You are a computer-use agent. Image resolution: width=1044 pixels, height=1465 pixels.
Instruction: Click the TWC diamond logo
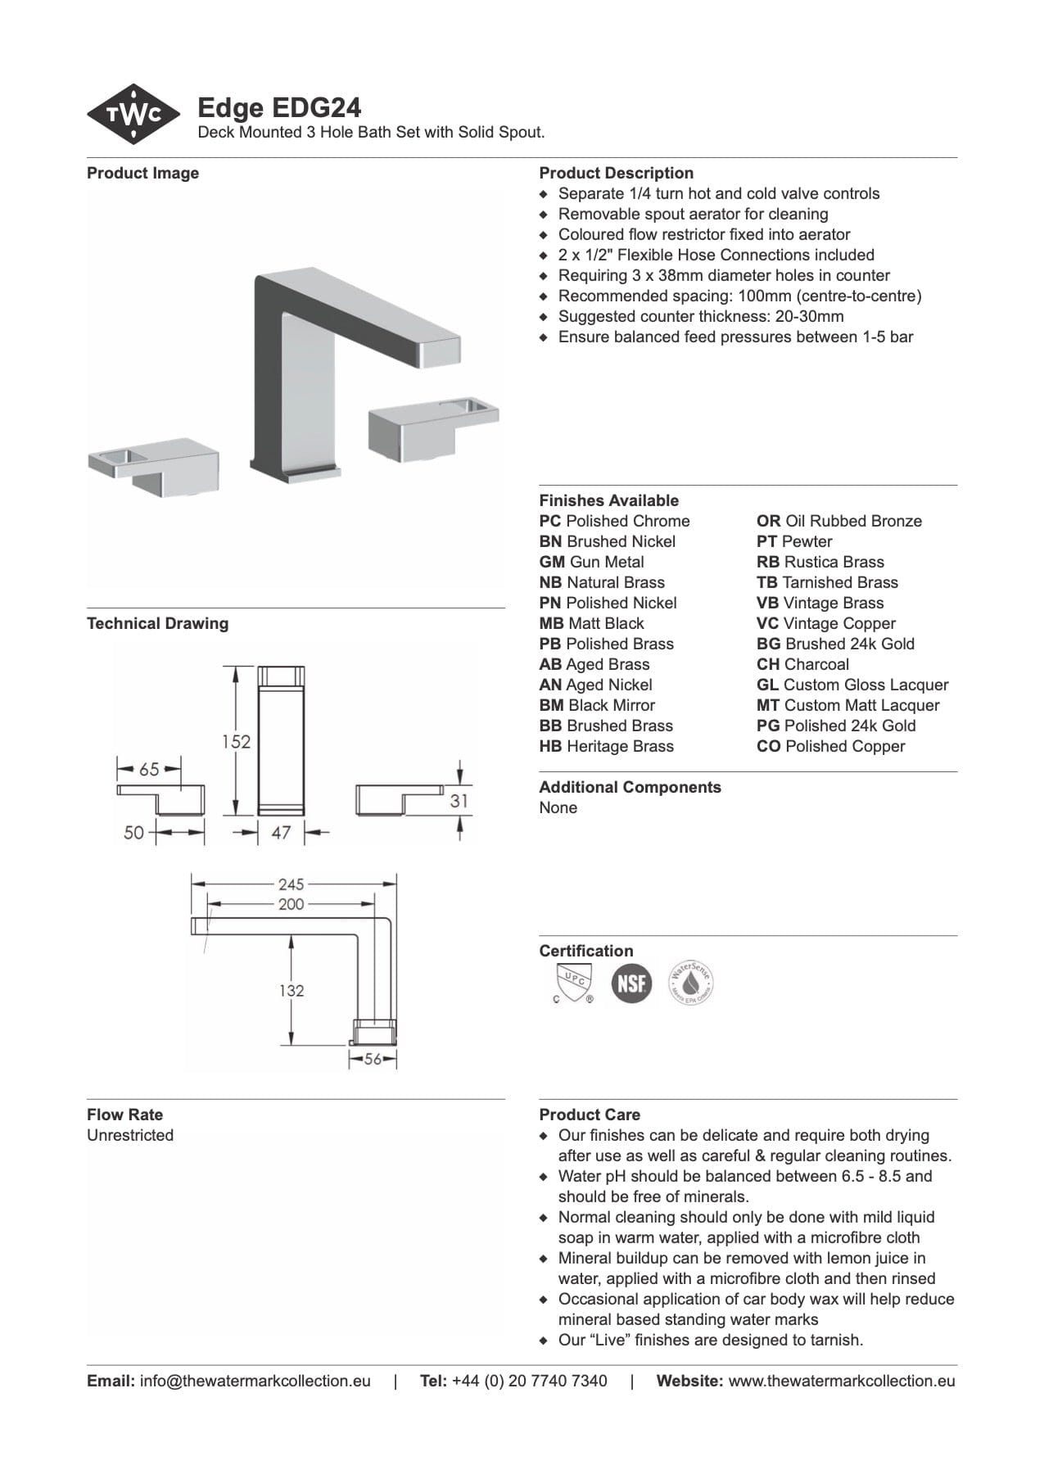[x=133, y=115]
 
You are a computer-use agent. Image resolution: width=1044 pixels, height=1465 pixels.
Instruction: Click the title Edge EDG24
[x=279, y=108]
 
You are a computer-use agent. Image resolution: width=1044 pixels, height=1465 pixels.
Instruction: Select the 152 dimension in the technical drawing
[x=236, y=741]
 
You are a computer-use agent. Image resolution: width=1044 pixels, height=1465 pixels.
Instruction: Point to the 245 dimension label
[x=291, y=884]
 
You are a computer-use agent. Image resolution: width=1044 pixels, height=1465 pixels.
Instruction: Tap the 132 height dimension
[x=291, y=990]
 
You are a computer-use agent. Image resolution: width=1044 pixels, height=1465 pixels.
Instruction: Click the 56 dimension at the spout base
[x=373, y=1059]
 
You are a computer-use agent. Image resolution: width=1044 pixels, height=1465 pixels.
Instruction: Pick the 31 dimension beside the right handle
[x=459, y=800]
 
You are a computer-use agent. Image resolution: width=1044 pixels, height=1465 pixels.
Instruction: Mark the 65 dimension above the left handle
[x=149, y=769]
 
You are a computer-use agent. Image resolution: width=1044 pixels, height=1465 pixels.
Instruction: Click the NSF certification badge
[x=631, y=983]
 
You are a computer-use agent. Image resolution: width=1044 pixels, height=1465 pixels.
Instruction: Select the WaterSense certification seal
[x=691, y=983]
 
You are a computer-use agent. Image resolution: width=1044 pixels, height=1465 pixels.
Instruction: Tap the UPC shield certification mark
[x=572, y=983]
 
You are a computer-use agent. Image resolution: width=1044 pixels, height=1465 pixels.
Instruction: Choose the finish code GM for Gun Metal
[x=552, y=562]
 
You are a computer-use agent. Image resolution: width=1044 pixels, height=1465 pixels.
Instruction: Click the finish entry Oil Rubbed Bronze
[x=839, y=521]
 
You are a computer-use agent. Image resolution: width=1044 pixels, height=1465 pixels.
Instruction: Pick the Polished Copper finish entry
[x=831, y=746]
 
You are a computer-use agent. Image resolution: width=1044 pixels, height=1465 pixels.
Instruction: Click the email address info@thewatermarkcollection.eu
[x=255, y=1381]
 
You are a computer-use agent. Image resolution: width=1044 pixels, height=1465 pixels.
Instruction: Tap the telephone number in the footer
[x=529, y=1381]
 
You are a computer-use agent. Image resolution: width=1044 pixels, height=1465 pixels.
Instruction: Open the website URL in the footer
[x=841, y=1381]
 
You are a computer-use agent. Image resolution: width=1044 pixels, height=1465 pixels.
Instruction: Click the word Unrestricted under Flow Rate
[x=130, y=1135]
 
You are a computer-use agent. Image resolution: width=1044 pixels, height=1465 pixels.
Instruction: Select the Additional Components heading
[x=630, y=787]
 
